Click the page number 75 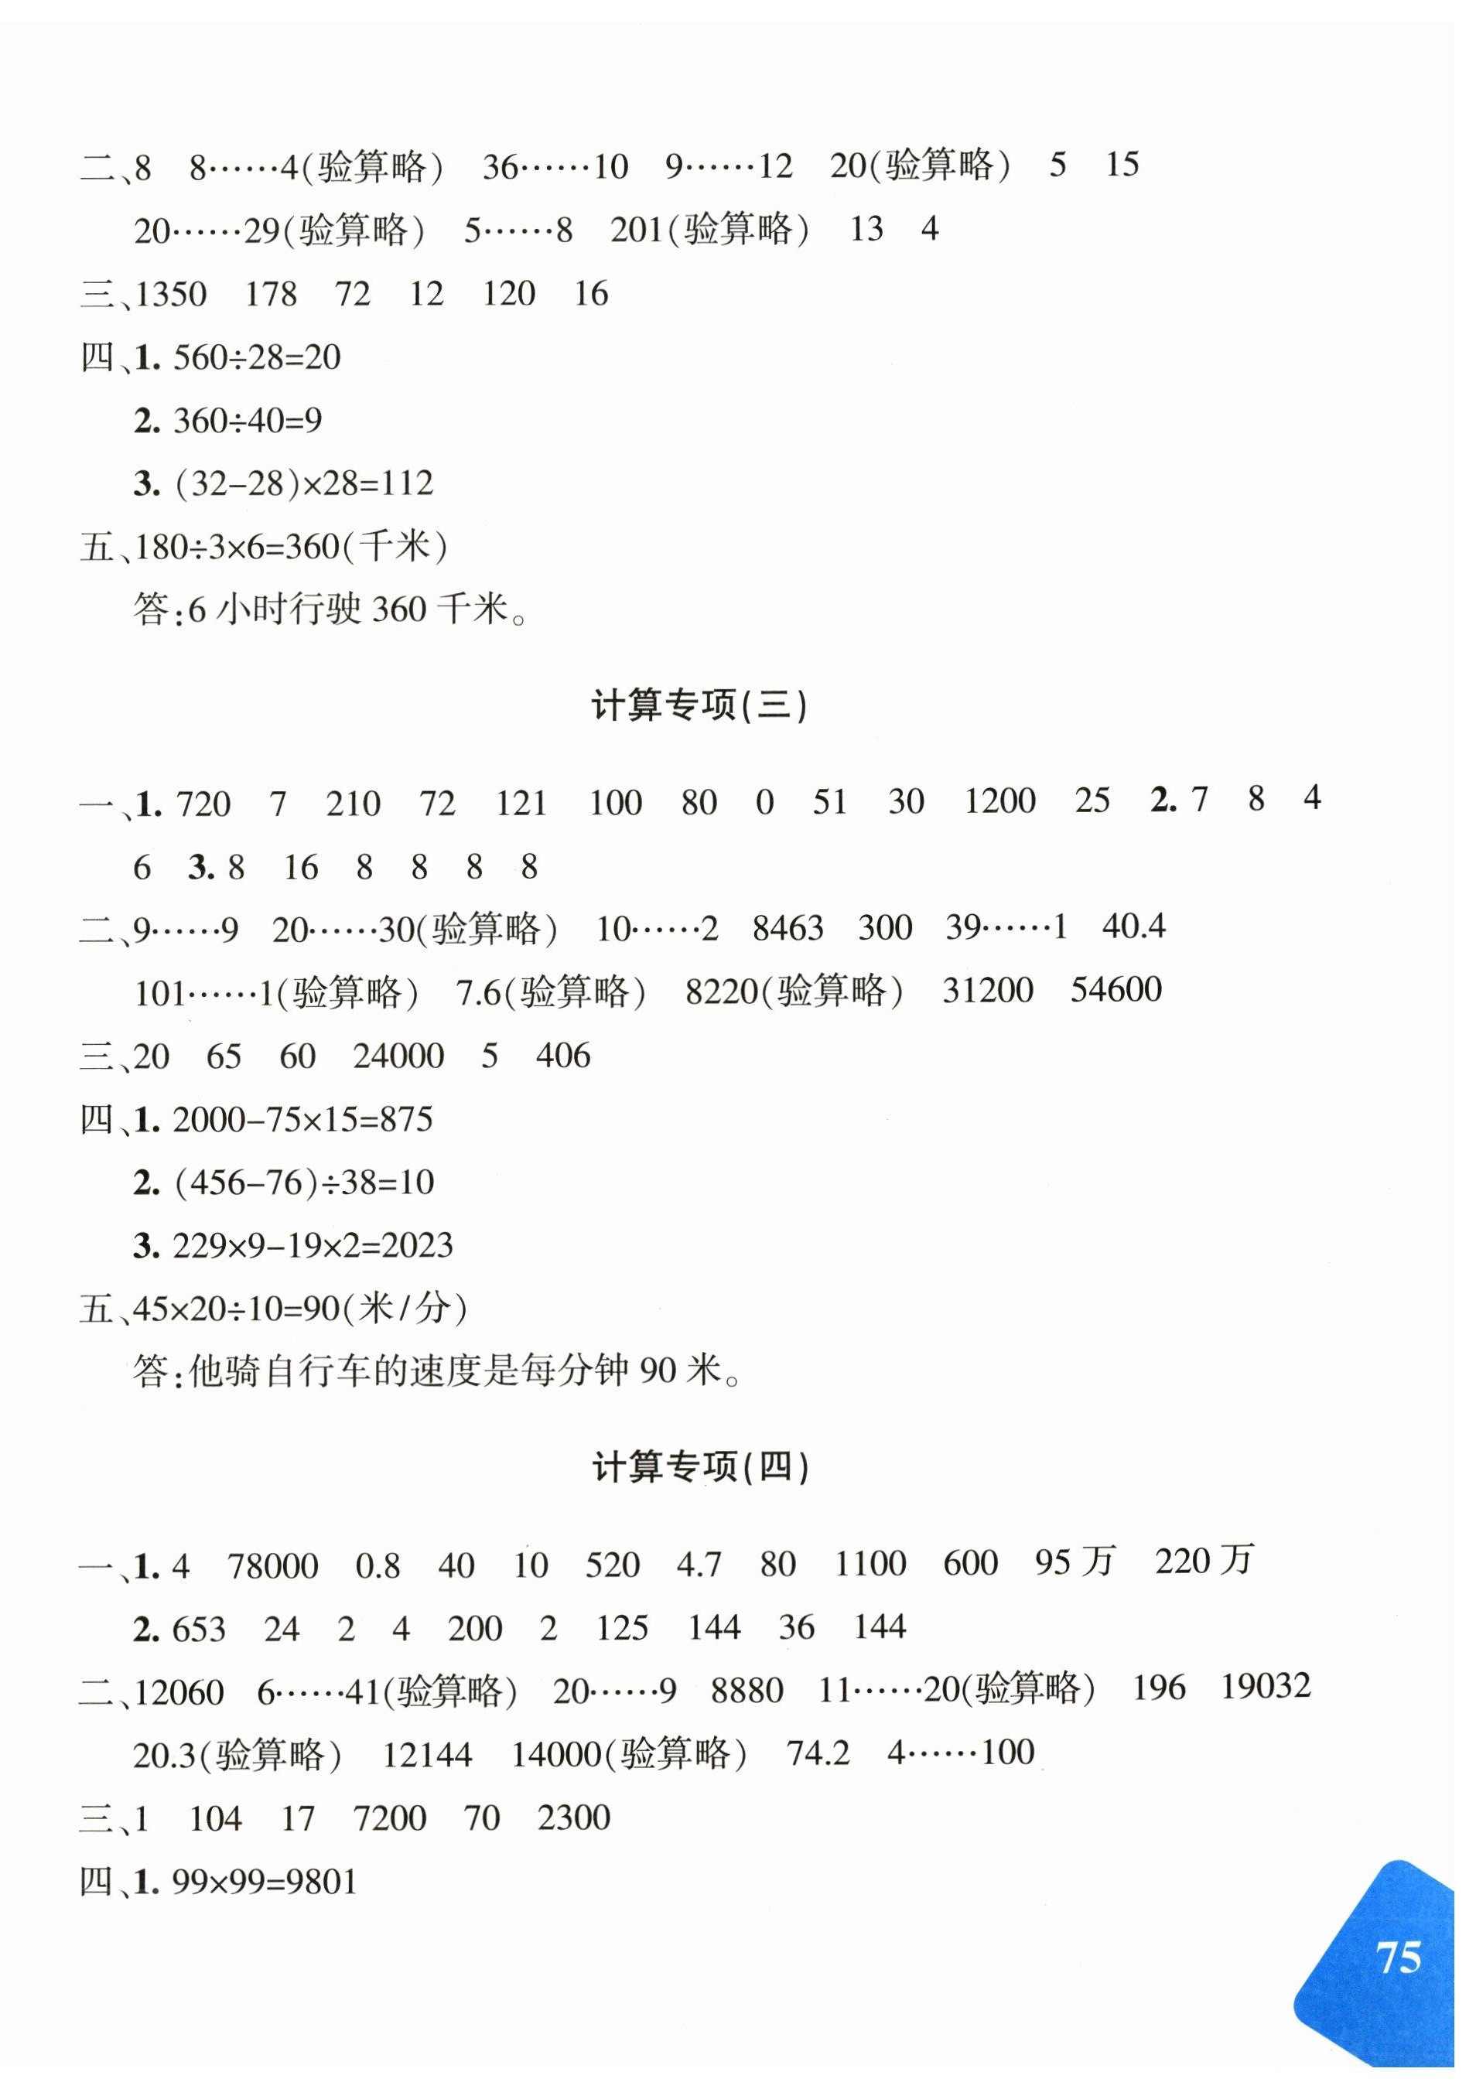point(1399,1957)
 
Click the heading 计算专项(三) point(699,707)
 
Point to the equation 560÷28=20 point(257,357)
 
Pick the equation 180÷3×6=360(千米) point(291,547)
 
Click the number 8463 point(788,928)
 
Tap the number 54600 point(1116,990)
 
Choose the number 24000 point(398,1056)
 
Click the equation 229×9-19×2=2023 point(312,1245)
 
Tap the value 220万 point(1204,1562)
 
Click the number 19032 point(1265,1686)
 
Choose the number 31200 point(988,990)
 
